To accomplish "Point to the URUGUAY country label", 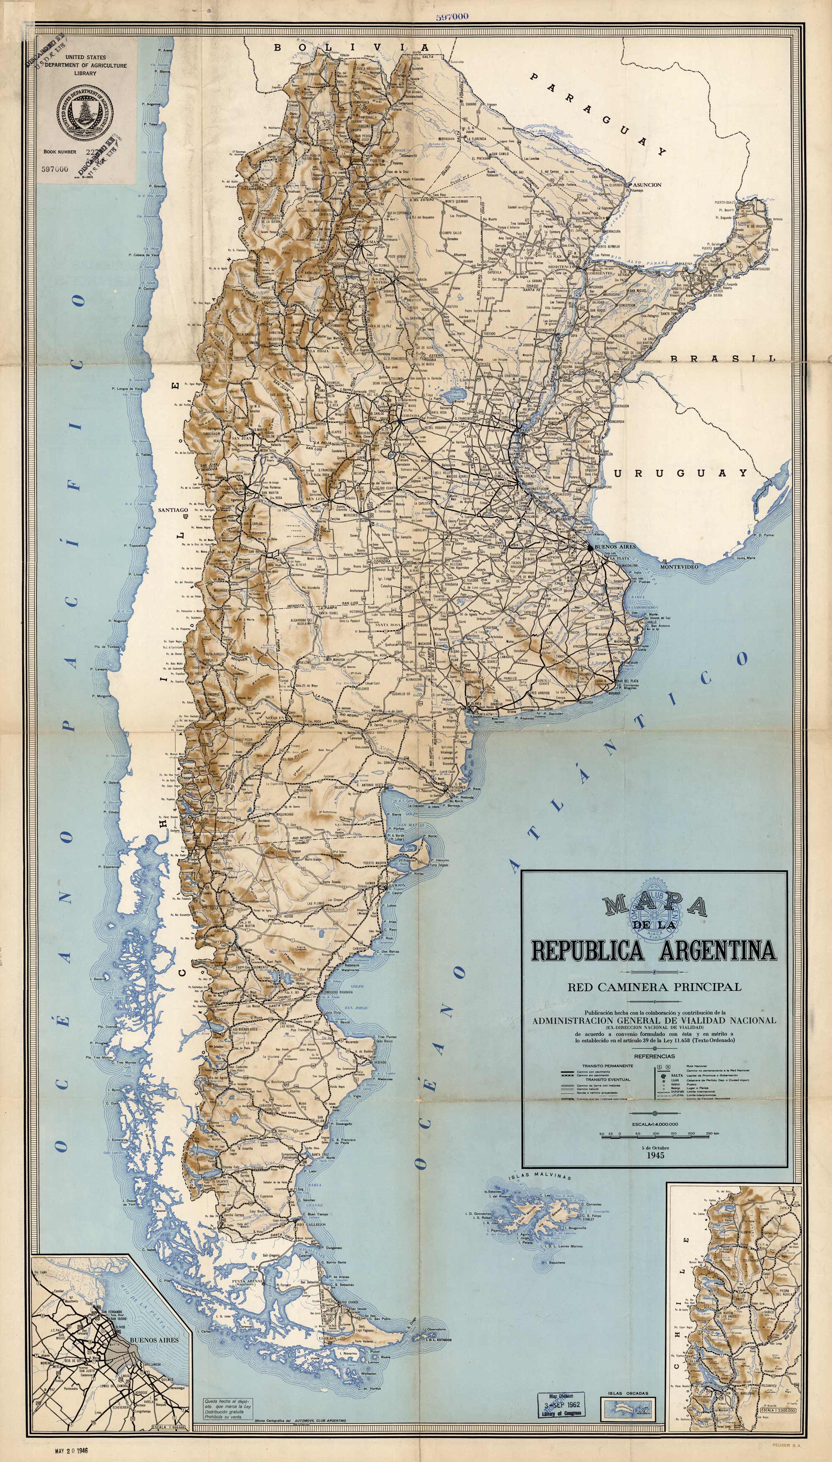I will click(680, 473).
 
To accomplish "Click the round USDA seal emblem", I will click(84, 112).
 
